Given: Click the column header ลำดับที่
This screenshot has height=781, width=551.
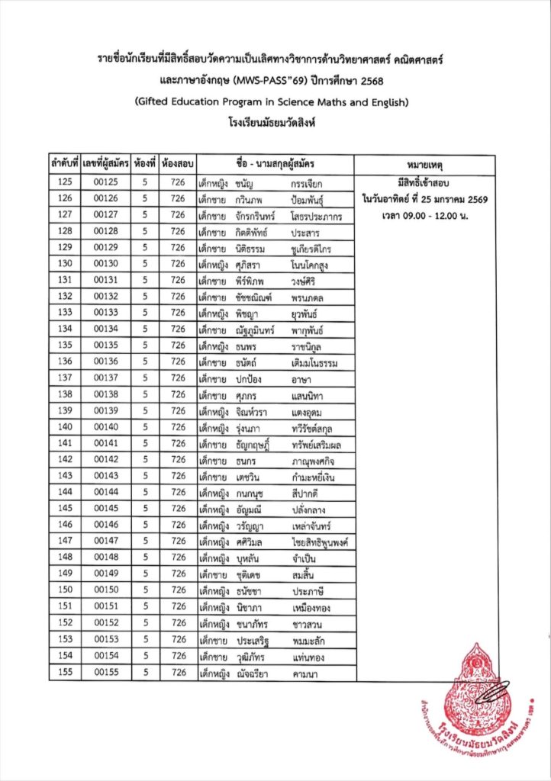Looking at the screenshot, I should (x=64, y=163).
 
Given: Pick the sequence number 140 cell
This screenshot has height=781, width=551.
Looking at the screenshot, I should (x=65, y=426).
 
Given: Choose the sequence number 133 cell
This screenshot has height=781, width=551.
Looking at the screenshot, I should (x=65, y=312).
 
